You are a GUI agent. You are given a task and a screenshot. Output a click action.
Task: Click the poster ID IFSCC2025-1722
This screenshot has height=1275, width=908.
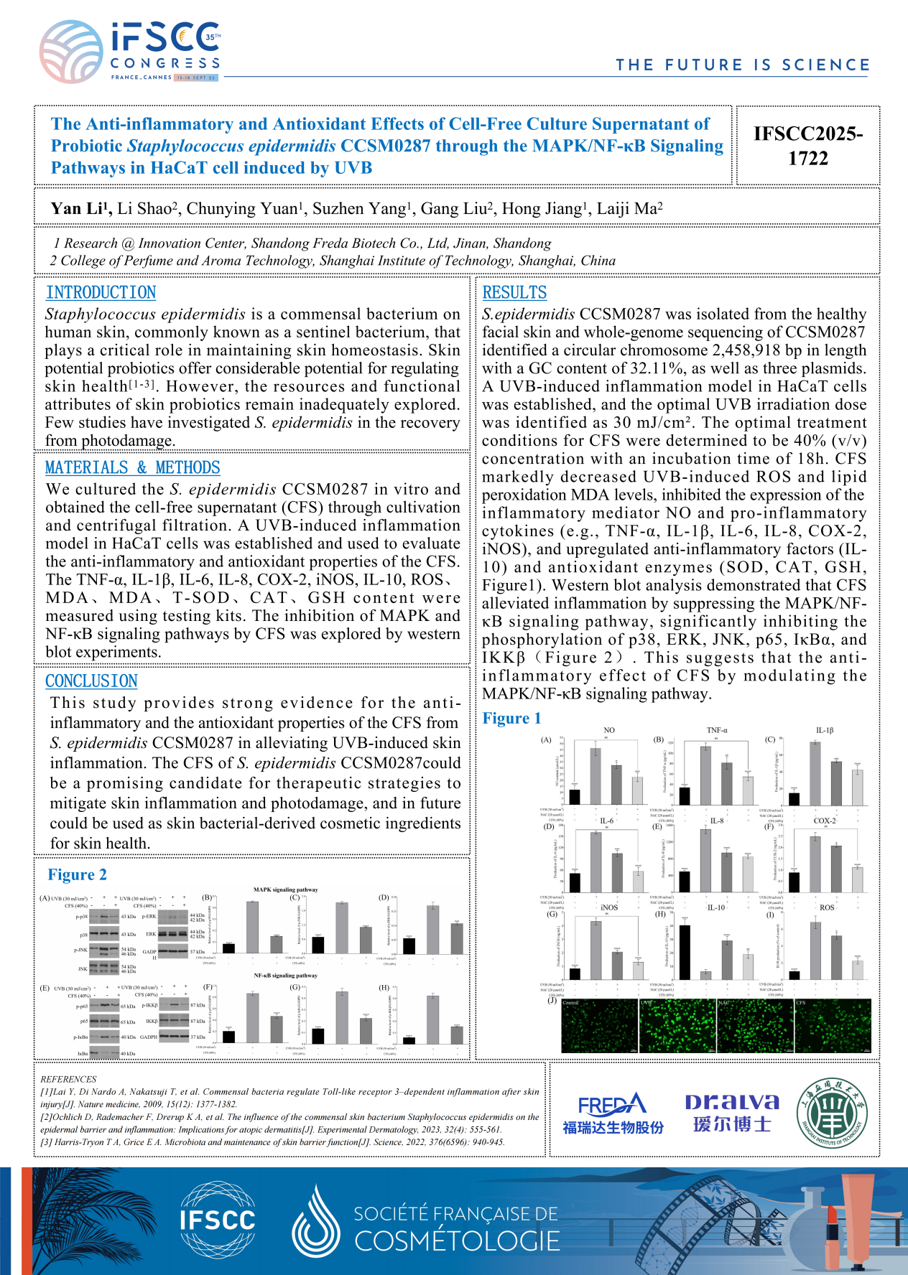coord(807,146)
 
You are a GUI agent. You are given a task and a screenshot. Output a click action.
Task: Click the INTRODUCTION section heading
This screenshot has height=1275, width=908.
coord(101,292)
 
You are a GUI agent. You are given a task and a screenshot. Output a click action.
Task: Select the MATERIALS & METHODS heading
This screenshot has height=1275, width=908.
coord(132,467)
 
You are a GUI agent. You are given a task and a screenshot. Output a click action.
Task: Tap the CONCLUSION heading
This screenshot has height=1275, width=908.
coord(91,681)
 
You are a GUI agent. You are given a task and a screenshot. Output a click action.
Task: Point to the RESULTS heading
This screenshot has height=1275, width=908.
coord(514,292)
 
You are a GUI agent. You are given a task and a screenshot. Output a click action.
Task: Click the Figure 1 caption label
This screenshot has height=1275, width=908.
coord(511,718)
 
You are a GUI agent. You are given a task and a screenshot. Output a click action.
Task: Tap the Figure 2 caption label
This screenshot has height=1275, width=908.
coord(77,874)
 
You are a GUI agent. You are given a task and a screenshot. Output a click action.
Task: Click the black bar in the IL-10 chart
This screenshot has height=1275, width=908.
coord(685,952)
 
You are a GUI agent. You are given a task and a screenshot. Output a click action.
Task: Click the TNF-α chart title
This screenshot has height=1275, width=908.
coord(717,730)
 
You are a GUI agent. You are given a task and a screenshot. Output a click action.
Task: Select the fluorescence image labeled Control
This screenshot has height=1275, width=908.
coord(599,1026)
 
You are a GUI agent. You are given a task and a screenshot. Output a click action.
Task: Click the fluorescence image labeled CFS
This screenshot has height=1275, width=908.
coord(833,1026)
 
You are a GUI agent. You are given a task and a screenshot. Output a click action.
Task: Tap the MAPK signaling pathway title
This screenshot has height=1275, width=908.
coord(285,889)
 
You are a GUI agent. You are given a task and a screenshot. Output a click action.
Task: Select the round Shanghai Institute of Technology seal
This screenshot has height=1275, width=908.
coord(833,1112)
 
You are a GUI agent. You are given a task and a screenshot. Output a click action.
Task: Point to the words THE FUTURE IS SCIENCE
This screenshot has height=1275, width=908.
coord(742,65)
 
